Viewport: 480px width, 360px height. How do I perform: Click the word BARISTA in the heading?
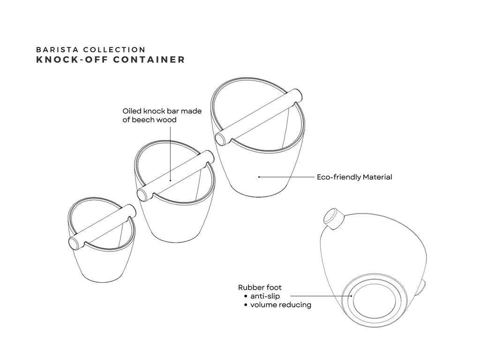click(x=57, y=50)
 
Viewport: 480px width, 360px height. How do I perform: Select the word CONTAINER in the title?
click(x=149, y=60)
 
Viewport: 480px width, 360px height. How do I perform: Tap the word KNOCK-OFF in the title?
click(x=72, y=60)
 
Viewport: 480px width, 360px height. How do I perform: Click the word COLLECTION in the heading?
click(x=114, y=50)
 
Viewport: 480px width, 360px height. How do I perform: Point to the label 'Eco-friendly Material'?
click(x=354, y=177)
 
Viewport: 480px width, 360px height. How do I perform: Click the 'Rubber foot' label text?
click(x=260, y=287)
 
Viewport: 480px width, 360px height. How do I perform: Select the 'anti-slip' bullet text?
click(x=265, y=296)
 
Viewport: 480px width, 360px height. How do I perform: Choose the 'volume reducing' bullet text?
click(x=281, y=305)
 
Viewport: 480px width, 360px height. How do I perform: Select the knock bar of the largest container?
click(x=259, y=117)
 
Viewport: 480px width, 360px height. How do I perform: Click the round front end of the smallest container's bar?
click(x=73, y=244)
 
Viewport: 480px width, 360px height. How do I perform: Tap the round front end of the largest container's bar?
click(x=220, y=139)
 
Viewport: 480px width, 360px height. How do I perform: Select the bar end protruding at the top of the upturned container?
click(x=334, y=218)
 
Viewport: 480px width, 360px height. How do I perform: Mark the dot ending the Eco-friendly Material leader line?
click(x=259, y=177)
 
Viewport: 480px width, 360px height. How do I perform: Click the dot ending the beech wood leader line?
click(x=170, y=180)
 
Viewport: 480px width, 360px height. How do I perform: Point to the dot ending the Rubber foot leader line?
click(x=352, y=296)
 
